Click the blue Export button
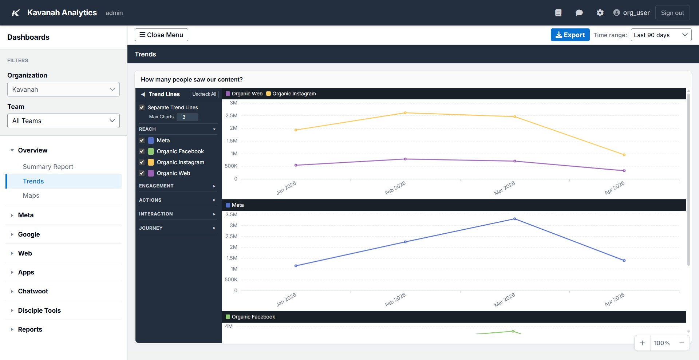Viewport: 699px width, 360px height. pos(570,35)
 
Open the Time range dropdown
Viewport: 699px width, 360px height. pos(661,35)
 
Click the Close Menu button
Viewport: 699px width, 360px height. pos(161,35)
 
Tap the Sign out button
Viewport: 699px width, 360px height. pos(672,13)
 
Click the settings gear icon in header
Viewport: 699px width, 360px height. pos(600,13)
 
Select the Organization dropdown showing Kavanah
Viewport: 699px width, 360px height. pos(63,90)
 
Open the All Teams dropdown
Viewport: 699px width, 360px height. pos(63,121)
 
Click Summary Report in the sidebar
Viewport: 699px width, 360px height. pos(48,167)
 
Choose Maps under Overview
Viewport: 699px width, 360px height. pos(31,195)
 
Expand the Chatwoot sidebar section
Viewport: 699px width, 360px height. pos(33,291)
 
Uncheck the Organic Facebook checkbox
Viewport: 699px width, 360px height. pos(142,151)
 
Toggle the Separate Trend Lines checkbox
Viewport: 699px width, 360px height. pos(142,107)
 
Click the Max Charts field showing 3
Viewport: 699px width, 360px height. pos(187,117)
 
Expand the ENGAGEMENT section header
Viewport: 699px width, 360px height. pos(177,186)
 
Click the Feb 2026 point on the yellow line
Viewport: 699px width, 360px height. pos(405,113)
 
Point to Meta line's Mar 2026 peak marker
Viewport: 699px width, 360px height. pos(514,219)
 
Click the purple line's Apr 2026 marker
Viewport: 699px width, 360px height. pos(624,171)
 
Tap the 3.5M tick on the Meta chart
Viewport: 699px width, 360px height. pos(231,214)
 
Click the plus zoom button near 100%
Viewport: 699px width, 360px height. pos(642,343)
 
